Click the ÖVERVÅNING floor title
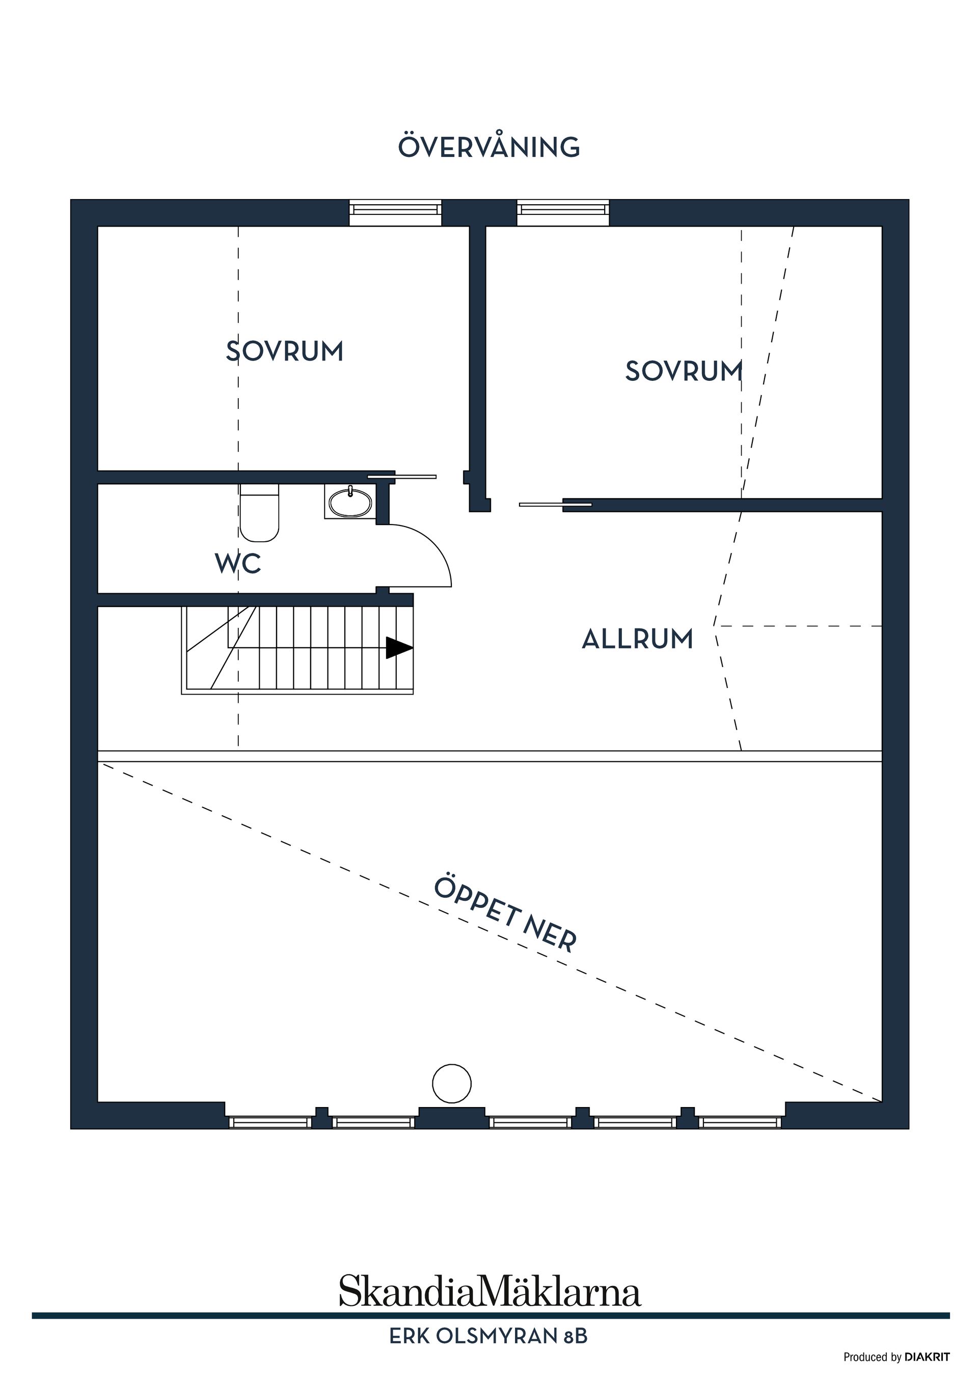tap(488, 147)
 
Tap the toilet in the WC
tap(259, 514)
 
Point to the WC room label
tap(238, 564)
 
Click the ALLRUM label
tap(638, 639)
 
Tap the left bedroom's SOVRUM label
tap(284, 351)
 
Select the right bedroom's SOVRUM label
tap(684, 371)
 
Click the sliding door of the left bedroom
tap(402, 477)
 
